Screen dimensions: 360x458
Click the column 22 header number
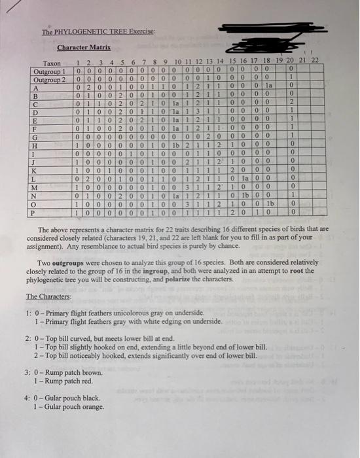[x=315, y=60]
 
